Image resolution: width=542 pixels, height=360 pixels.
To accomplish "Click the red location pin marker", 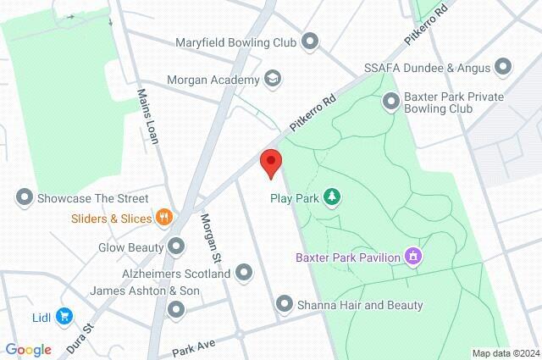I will point(270,162).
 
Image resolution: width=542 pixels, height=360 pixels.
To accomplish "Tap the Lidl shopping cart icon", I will point(64,316).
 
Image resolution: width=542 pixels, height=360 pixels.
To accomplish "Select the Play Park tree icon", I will point(334,197).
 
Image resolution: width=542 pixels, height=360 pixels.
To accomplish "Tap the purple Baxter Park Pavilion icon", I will point(413,255).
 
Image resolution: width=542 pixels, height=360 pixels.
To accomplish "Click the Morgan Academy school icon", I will point(272,80).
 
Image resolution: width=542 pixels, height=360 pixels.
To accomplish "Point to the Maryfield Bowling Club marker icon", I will point(310,41).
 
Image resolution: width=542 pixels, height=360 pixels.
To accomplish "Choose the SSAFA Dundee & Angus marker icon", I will point(505,66).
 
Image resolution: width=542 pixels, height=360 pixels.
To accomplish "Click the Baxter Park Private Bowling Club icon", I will point(391,102).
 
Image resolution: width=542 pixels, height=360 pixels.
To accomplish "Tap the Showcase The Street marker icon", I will point(25,198).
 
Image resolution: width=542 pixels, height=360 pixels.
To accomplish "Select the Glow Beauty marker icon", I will point(176,246).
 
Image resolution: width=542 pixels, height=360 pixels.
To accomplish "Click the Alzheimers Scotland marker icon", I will point(244,274).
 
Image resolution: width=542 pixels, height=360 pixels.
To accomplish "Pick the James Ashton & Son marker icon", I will point(176,309).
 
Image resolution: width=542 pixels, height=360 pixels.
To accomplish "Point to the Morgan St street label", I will point(210,236).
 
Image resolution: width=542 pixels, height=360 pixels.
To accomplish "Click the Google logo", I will point(28,349).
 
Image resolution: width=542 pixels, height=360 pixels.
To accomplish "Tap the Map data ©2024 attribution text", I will point(505,353).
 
